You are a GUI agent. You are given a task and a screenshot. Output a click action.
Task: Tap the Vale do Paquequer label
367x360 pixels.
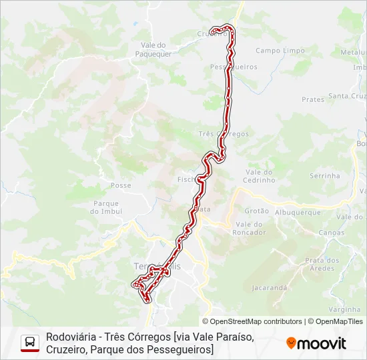(153, 49)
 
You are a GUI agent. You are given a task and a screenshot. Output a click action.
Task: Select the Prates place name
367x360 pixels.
(313, 99)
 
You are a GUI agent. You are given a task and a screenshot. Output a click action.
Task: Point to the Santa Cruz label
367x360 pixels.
(348, 96)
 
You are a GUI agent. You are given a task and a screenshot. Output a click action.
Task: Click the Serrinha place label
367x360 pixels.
(325, 175)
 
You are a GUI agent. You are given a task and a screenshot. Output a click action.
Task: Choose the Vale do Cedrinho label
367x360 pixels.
(260, 175)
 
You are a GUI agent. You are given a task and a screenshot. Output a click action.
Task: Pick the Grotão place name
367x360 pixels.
(258, 211)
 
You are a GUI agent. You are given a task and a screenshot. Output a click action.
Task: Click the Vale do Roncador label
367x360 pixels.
(249, 228)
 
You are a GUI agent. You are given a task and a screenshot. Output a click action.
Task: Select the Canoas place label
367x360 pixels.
(332, 233)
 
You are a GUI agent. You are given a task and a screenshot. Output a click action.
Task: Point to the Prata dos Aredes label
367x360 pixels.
(322, 264)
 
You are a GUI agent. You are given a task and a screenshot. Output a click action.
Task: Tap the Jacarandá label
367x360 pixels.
(270, 288)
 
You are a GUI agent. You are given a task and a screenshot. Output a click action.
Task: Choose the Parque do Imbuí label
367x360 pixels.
(106, 207)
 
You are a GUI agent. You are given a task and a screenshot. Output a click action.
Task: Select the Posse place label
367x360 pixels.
(121, 185)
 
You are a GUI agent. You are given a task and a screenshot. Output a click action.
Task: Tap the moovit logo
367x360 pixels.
(316, 343)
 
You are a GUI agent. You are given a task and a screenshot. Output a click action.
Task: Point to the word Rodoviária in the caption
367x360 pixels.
(69, 337)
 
